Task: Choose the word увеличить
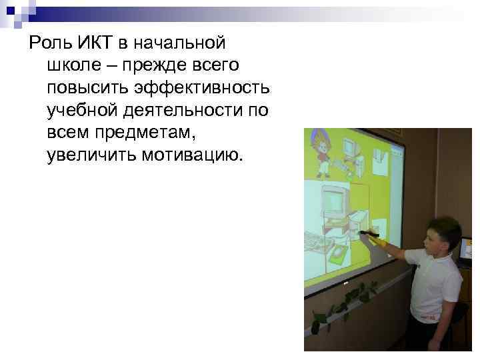pyautogui.click(x=89, y=155)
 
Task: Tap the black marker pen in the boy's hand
pyautogui.click(x=369, y=234)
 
